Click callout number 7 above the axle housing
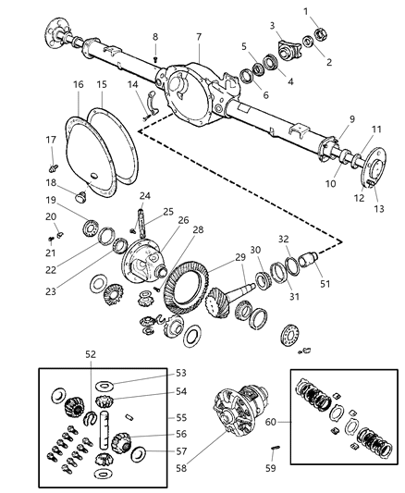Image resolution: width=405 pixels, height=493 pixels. tap(198, 36)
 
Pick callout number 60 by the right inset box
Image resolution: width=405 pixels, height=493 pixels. tap(269, 421)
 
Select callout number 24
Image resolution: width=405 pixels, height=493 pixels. tap(145, 196)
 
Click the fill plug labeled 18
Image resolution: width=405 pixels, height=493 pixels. tap(79, 196)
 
